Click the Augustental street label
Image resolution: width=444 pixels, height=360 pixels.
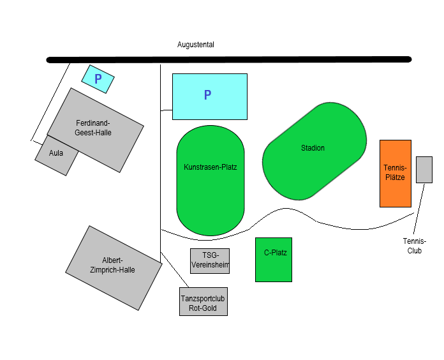coord(195,45)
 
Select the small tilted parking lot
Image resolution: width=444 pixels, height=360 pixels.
coord(98,79)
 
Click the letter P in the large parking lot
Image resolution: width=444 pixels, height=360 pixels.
coord(207,95)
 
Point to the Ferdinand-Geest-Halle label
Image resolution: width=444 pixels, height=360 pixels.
coord(93,128)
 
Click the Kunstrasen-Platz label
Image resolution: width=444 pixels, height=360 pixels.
coord(210,167)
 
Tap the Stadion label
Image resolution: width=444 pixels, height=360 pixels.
coord(313,148)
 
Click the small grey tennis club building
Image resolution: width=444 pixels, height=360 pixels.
coord(424,169)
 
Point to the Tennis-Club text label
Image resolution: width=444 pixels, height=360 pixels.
coord(414,246)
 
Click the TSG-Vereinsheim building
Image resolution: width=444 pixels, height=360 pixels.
coord(210,260)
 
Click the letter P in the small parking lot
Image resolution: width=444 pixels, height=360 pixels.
coord(98,79)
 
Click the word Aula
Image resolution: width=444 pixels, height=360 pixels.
coord(56,153)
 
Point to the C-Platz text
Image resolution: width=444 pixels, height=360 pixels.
coord(275,253)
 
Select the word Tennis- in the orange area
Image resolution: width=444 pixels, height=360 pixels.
coord(395,167)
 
